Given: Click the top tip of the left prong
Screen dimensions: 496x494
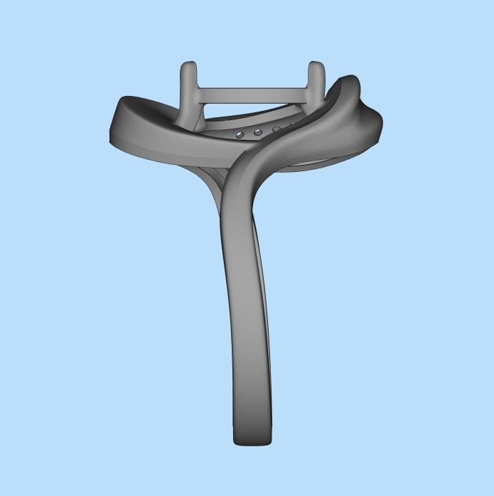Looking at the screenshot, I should [189, 66].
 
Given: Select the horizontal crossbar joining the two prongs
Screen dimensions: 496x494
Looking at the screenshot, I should [252, 92].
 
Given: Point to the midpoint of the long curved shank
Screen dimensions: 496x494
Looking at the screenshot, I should [245, 298].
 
